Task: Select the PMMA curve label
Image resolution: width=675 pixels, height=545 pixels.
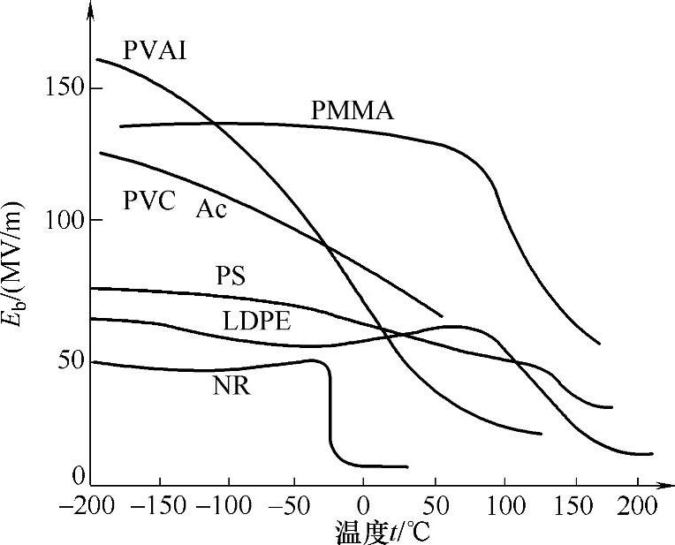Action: (x=352, y=112)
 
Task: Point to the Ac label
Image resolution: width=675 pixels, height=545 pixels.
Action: (x=211, y=209)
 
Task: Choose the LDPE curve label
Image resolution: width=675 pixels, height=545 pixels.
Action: (x=257, y=321)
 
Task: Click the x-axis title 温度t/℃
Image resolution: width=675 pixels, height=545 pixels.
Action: (x=381, y=533)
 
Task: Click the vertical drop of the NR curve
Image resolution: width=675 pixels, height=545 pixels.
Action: (x=330, y=406)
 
